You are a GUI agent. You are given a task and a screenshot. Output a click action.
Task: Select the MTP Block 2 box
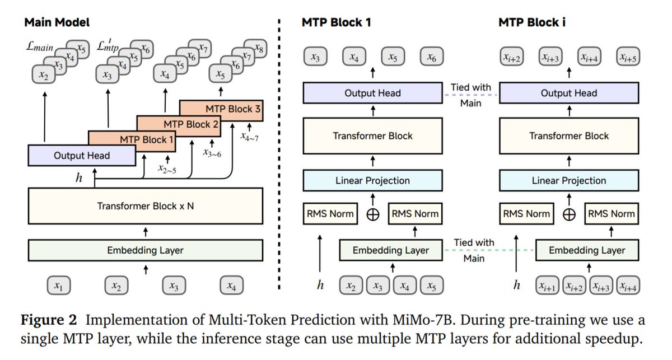pos(179,126)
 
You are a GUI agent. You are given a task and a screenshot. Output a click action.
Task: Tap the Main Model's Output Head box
pos(82,156)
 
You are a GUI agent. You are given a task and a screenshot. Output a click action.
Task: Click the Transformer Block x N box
pos(146,206)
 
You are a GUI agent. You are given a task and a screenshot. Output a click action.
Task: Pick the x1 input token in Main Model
pos(59,286)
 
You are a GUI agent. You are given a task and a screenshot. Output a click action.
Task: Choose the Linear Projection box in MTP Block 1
pos(372,181)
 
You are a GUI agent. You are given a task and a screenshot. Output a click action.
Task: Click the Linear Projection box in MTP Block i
pos(569,181)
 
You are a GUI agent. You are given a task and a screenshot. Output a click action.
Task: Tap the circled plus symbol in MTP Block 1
pos(373,214)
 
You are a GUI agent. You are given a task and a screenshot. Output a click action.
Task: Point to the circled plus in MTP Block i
pos(569,214)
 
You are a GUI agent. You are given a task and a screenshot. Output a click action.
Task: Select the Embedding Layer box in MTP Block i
pos(587,250)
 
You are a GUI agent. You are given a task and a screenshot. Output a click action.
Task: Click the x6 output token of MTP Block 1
pos(432,56)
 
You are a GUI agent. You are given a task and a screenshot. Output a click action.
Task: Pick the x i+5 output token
pos(628,56)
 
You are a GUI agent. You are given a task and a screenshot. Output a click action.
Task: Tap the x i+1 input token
pos(547,286)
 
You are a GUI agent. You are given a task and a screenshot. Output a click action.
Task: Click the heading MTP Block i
pos(532,22)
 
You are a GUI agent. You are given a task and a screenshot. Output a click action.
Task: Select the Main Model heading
pos(57,22)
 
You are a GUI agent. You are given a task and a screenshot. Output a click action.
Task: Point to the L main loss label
pos(39,46)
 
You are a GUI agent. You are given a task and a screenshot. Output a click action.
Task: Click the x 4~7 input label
pos(249,137)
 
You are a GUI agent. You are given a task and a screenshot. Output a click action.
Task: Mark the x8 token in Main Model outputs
pos(255,48)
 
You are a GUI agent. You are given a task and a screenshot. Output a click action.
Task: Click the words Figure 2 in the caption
pos(49,320)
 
